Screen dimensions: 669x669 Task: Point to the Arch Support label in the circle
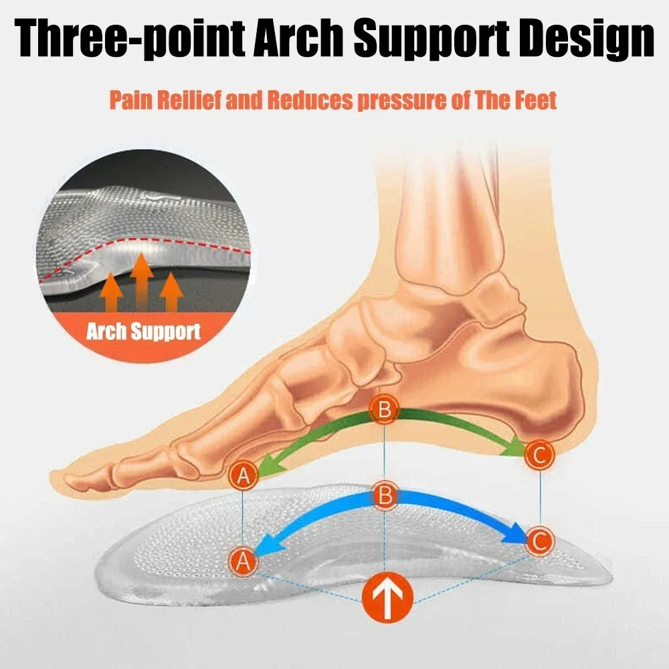(143, 331)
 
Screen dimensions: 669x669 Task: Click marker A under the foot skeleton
(244, 476)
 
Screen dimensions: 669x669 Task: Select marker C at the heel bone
(539, 455)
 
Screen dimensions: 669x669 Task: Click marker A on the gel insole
(244, 561)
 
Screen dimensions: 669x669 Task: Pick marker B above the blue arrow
(385, 496)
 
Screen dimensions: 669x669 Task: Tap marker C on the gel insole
(539, 540)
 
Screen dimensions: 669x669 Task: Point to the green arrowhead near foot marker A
(266, 466)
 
